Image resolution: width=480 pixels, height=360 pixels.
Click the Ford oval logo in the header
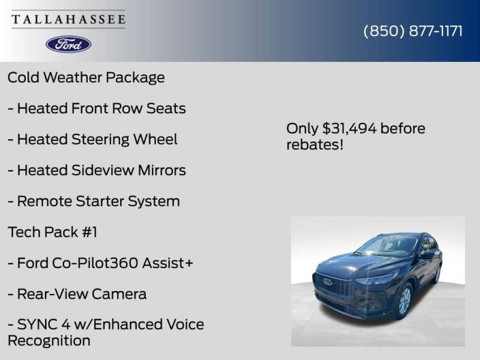(x=68, y=44)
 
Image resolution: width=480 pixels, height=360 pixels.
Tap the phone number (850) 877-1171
(x=413, y=31)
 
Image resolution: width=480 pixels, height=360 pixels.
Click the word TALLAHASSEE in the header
(x=68, y=19)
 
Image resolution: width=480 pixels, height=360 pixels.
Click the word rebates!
(x=314, y=145)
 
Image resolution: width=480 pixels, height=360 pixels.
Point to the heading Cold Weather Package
(x=86, y=77)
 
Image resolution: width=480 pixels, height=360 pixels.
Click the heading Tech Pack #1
(x=52, y=232)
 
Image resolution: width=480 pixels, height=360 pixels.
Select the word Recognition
(x=49, y=341)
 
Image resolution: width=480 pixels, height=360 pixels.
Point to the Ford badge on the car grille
(x=328, y=281)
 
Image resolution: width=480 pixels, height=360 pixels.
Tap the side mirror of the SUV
(x=427, y=254)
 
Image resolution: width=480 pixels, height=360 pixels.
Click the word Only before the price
(x=302, y=128)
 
